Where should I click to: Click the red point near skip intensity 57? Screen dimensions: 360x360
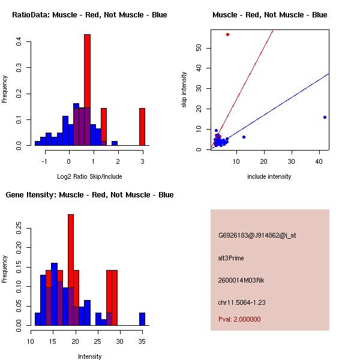(x=227, y=34)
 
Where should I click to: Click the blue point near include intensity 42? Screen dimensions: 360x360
(x=325, y=117)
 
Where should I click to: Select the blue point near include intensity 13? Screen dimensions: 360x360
(x=244, y=137)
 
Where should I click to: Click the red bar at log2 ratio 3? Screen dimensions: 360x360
(x=142, y=127)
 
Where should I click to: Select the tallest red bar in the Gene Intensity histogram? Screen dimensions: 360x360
(x=71, y=270)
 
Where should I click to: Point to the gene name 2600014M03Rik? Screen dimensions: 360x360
(x=240, y=280)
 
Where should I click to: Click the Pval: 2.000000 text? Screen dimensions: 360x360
(x=239, y=319)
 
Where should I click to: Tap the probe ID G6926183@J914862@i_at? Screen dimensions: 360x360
(x=257, y=235)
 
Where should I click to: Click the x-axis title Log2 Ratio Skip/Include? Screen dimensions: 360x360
(x=89, y=176)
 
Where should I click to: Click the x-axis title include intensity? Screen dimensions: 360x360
(x=269, y=176)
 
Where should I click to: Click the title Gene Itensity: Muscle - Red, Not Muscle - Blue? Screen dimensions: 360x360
(x=89, y=195)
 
